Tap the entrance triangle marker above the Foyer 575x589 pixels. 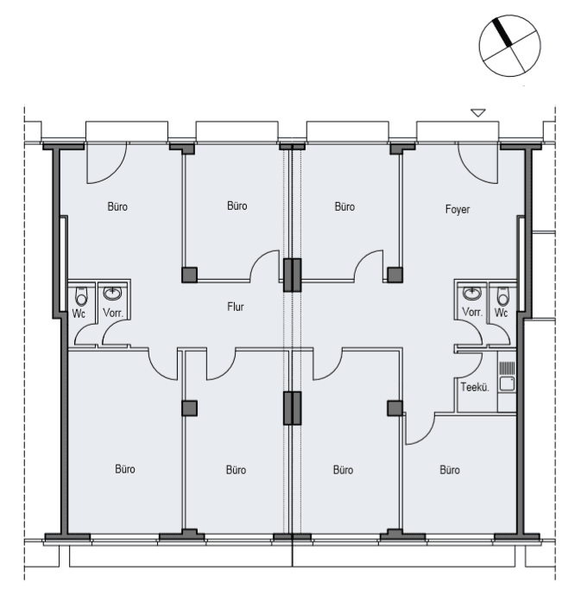pos(477,112)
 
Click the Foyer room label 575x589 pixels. pos(458,209)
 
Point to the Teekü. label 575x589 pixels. pos(477,388)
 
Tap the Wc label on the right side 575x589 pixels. pos(502,312)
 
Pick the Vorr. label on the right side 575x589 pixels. pos(471,312)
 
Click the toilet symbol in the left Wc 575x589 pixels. pos(79,294)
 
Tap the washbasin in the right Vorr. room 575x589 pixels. pos(471,292)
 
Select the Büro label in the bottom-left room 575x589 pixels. pos(124,470)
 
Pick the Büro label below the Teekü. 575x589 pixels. pos(449,471)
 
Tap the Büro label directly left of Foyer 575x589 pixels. pos(344,206)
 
